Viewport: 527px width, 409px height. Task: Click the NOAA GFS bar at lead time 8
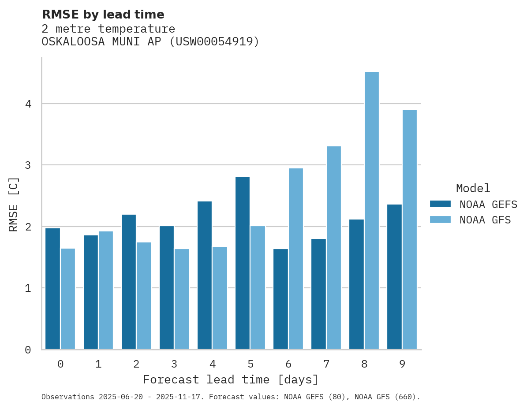(x=371, y=210)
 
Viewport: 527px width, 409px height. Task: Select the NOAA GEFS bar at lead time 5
(x=243, y=263)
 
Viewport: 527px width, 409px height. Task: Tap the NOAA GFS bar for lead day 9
(x=409, y=229)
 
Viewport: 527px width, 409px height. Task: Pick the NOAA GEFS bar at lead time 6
(x=280, y=299)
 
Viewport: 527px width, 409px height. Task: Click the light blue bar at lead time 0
(x=68, y=299)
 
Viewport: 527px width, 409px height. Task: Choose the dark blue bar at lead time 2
(x=129, y=282)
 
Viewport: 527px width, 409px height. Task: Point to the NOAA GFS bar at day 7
(x=333, y=247)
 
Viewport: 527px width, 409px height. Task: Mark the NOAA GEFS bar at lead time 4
(x=205, y=275)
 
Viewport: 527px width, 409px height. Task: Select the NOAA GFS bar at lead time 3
(x=182, y=299)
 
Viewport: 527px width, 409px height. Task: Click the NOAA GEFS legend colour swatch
(x=440, y=204)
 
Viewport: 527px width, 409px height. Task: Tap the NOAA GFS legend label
(x=485, y=220)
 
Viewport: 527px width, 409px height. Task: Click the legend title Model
(x=473, y=189)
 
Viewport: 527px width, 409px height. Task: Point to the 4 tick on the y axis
(x=28, y=104)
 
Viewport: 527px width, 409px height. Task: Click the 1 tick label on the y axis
(x=28, y=288)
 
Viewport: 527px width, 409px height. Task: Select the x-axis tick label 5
(x=250, y=364)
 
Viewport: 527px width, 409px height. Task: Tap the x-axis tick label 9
(x=402, y=364)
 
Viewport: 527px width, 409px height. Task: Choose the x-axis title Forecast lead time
(x=230, y=379)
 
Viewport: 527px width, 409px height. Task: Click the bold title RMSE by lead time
(x=103, y=15)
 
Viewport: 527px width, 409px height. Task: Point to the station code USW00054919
(x=214, y=42)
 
